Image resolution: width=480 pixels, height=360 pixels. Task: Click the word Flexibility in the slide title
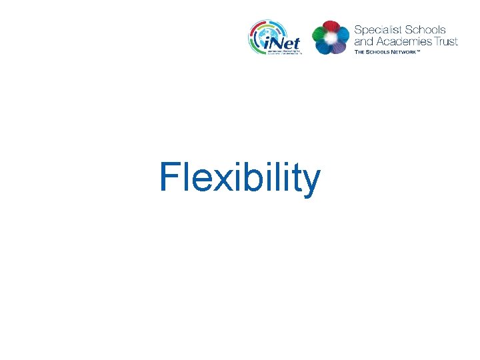click(240, 178)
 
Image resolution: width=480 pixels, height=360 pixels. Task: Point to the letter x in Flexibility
click(216, 180)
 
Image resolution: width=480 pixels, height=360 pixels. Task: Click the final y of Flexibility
click(311, 183)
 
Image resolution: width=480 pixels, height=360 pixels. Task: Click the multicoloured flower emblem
click(330, 37)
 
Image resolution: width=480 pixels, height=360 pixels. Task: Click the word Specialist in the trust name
click(376, 30)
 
